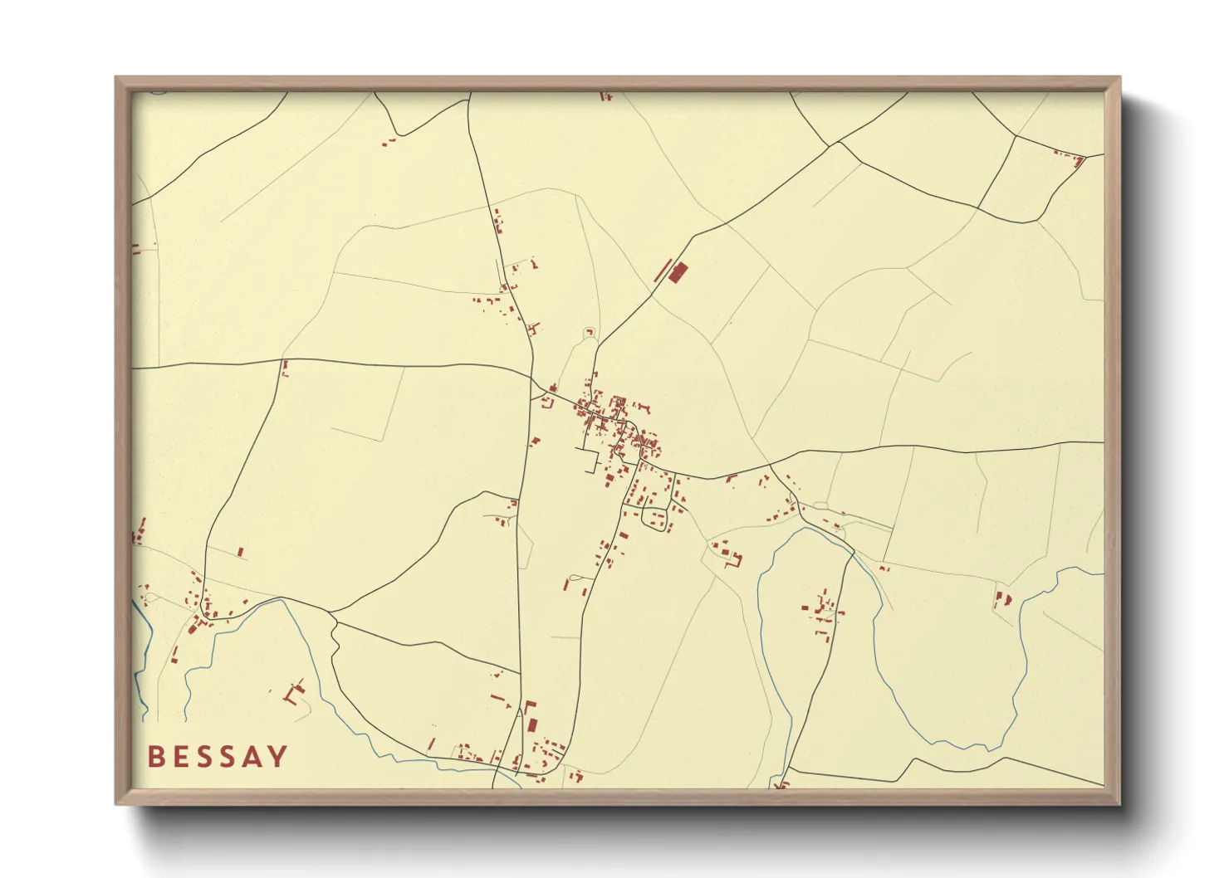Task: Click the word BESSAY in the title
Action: [x=218, y=757]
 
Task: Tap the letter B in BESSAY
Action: [x=155, y=757]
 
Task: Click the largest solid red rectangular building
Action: [x=678, y=272]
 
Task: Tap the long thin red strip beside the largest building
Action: [x=662, y=271]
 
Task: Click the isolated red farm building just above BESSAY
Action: [x=295, y=691]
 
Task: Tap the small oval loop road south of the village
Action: [x=655, y=519]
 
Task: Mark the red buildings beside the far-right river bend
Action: [x=1002, y=598]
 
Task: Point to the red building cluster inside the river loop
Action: [x=822, y=614]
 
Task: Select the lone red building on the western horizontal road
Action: [x=285, y=368]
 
